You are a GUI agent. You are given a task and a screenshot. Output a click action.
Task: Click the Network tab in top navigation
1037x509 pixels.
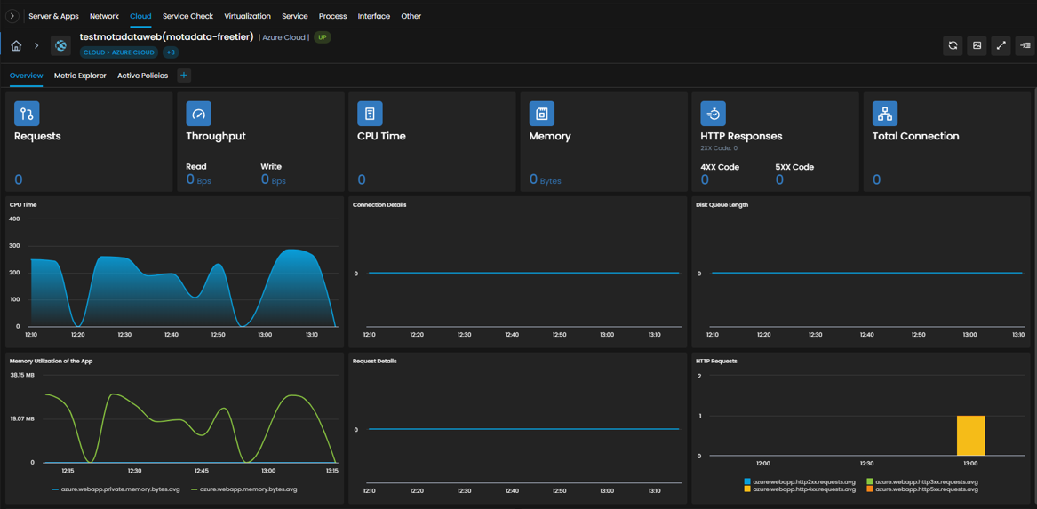(x=104, y=16)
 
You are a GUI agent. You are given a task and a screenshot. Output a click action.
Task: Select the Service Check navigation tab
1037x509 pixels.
(x=187, y=16)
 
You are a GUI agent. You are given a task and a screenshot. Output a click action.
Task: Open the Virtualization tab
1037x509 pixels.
(x=247, y=16)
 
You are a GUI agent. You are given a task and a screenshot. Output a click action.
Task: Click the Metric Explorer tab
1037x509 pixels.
(x=80, y=76)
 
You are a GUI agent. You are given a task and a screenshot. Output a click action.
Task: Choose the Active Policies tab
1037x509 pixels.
(x=143, y=76)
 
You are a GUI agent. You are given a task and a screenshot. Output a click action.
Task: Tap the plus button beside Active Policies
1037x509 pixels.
(x=184, y=76)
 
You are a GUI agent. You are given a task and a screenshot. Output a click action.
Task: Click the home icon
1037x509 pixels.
(x=17, y=45)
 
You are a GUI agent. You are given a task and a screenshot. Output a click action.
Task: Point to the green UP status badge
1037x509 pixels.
(x=323, y=37)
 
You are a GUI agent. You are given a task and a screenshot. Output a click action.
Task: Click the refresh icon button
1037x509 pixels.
(x=953, y=45)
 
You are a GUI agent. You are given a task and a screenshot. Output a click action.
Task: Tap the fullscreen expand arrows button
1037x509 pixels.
(x=1001, y=45)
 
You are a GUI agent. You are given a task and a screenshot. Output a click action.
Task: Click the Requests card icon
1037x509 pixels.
(x=28, y=114)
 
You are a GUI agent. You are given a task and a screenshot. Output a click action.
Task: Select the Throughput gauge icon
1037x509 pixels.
(x=199, y=114)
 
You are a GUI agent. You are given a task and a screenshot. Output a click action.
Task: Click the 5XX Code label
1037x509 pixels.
(x=794, y=167)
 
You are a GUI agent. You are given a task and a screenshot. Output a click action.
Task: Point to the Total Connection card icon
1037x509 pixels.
(x=885, y=114)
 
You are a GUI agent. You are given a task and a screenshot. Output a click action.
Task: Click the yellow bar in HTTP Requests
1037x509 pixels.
(x=971, y=435)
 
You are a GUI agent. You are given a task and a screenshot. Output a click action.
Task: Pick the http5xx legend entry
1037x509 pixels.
(x=921, y=489)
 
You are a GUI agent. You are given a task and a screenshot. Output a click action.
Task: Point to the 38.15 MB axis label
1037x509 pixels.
(x=22, y=375)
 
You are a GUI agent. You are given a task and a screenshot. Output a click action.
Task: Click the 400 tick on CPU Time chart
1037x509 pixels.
(x=14, y=219)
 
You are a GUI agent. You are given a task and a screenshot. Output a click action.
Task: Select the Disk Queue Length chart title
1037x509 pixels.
(x=722, y=205)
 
